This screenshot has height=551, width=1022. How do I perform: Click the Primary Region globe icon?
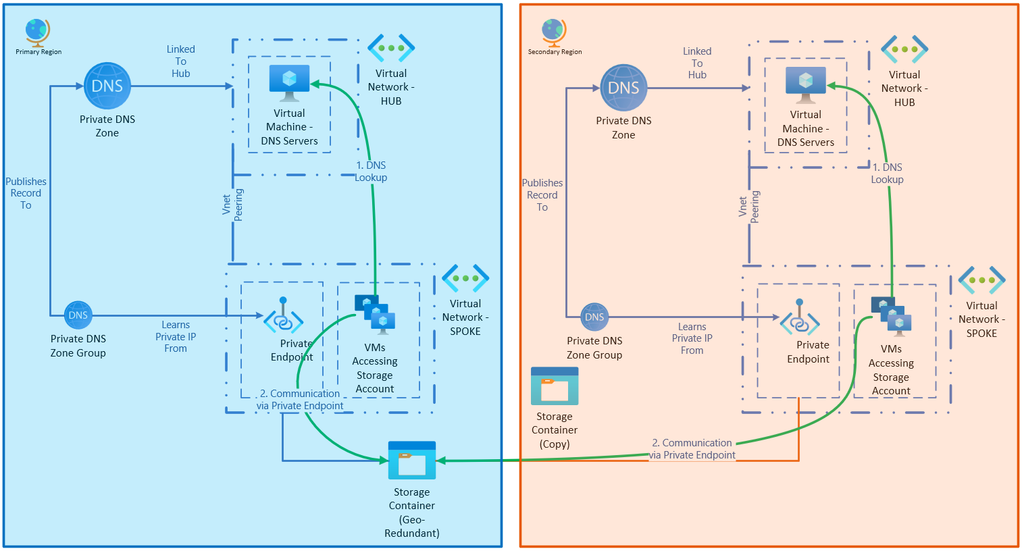(37, 32)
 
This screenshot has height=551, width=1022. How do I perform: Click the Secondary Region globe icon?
(553, 32)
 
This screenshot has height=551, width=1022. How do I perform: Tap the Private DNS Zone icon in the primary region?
(107, 86)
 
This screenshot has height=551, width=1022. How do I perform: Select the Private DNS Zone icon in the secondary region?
(623, 88)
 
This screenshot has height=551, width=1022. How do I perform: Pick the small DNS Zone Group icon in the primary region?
(78, 315)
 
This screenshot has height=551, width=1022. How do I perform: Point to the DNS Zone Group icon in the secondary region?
(594, 317)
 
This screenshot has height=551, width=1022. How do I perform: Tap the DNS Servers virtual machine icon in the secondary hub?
(805, 84)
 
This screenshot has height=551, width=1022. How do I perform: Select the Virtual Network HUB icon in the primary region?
(391, 48)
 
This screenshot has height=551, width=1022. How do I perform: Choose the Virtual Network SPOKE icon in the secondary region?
(981, 280)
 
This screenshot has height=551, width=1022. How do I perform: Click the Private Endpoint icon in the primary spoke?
(283, 317)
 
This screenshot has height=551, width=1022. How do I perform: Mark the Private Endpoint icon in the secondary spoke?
(800, 319)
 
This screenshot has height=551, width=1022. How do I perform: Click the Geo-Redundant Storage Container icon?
(412, 461)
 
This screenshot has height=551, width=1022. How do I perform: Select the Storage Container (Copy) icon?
(555, 386)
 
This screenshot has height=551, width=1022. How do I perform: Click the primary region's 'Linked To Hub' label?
(181, 61)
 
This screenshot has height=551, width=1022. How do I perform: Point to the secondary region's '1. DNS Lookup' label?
(888, 174)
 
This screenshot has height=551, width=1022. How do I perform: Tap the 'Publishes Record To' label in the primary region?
(26, 193)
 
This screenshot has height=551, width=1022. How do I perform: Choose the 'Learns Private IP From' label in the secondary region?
(692, 338)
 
